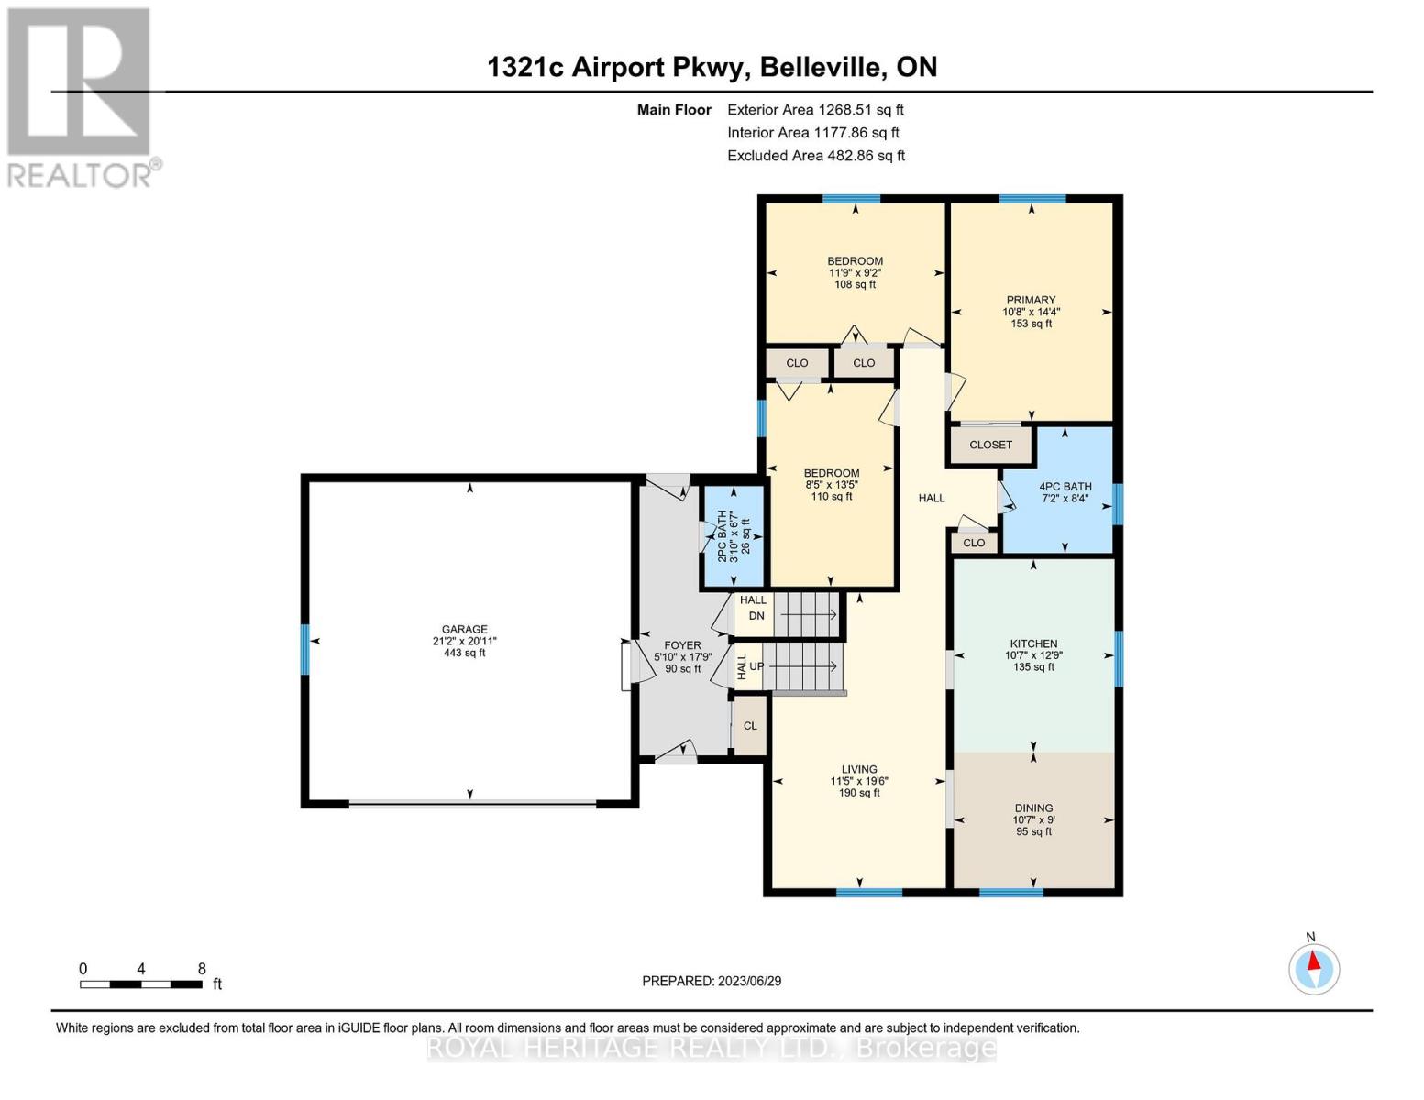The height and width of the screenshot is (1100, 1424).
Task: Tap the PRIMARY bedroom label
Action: (1031, 300)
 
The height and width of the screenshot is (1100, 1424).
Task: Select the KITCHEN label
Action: (1033, 643)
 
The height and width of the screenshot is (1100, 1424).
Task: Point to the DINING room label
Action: (1033, 808)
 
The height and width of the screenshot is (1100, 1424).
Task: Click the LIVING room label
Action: (859, 769)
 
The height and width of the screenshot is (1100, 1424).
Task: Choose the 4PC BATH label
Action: (1065, 487)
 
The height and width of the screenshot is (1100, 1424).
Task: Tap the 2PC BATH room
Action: (733, 536)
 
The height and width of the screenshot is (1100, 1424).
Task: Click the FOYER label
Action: (682, 645)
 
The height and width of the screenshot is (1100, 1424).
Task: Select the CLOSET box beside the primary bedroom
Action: (990, 445)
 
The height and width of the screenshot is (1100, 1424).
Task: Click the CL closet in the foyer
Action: (750, 726)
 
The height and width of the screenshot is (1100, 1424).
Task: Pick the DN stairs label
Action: (756, 616)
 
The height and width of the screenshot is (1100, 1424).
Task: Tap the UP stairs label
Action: (756, 666)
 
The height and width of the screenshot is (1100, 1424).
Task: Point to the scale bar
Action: (141, 984)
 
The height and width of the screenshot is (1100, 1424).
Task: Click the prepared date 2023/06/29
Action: (712, 981)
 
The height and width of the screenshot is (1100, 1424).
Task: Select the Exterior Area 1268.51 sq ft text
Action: (815, 110)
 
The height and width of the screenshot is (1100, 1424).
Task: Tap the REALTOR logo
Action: (81, 96)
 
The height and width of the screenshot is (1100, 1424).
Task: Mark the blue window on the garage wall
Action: (305, 649)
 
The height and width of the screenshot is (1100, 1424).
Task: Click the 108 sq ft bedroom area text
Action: (855, 284)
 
